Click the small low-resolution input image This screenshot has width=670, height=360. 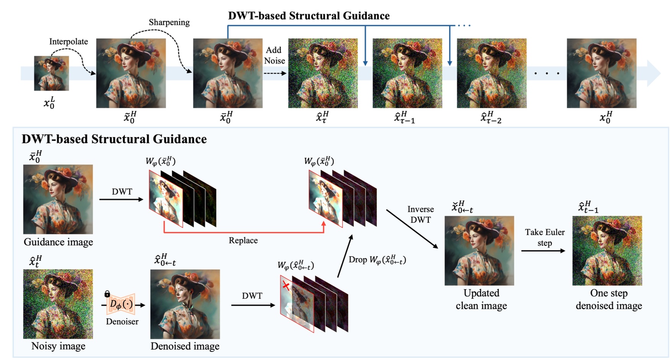pos(51,73)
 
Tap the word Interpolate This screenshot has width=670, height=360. pos(68,42)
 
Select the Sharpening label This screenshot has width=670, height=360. pos(169,23)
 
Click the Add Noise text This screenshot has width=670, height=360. pos(274,55)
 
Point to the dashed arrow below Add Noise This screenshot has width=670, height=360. pos(275,73)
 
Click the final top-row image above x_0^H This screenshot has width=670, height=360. pos(601,73)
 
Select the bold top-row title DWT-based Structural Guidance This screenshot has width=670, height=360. pos(309,16)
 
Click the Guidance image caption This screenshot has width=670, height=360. pos(58,242)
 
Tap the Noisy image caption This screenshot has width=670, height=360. pos(58,346)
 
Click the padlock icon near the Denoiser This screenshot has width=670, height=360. pos(107,294)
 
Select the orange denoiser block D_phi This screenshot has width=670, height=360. pos(121,304)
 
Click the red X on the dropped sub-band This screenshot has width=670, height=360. pos(286,285)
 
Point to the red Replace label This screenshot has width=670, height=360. pos(243,240)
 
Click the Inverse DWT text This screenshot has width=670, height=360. pos(420,214)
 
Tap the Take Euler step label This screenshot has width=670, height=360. pos(544,237)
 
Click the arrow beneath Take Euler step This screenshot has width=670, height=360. pos(543,251)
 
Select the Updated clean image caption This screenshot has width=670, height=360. pos(481,299)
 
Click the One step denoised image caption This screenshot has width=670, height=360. pos(608,299)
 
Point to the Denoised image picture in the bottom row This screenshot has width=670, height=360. pos(185,304)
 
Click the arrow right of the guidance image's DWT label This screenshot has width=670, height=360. pos(121,199)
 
